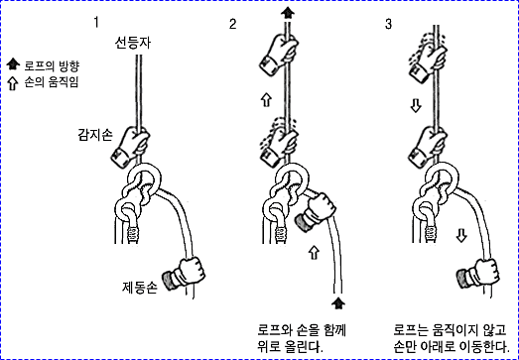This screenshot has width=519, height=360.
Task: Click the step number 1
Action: pyautogui.click(x=96, y=23)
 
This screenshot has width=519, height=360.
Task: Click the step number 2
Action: pyautogui.click(x=233, y=24)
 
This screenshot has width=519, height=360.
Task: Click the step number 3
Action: pyautogui.click(x=388, y=24)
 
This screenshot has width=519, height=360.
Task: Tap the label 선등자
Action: pyautogui.click(x=133, y=43)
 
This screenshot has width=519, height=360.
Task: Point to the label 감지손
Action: pyautogui.click(x=95, y=135)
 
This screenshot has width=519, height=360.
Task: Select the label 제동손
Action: pyautogui.click(x=139, y=288)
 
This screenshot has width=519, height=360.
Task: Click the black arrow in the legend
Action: pyautogui.click(x=13, y=64)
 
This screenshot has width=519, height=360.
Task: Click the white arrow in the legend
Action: pyautogui.click(x=13, y=83)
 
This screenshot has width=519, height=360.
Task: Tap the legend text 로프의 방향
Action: pyautogui.click(x=52, y=66)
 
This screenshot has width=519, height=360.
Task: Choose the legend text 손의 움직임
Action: pyautogui.click(x=52, y=82)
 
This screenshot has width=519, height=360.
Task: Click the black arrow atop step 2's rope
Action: pyautogui.click(x=288, y=13)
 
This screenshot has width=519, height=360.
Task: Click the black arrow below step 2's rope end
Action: pyautogui.click(x=338, y=303)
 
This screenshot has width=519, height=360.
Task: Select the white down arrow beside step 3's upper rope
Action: pyautogui.click(x=415, y=106)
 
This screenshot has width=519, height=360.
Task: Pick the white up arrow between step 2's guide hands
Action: pyautogui.click(x=266, y=100)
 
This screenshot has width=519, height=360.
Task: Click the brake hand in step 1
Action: pyautogui.click(x=184, y=275)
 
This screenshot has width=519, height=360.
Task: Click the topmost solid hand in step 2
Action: pyautogui.click(x=279, y=55)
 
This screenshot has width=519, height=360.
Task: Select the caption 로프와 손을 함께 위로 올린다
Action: pyautogui.click(x=302, y=338)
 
